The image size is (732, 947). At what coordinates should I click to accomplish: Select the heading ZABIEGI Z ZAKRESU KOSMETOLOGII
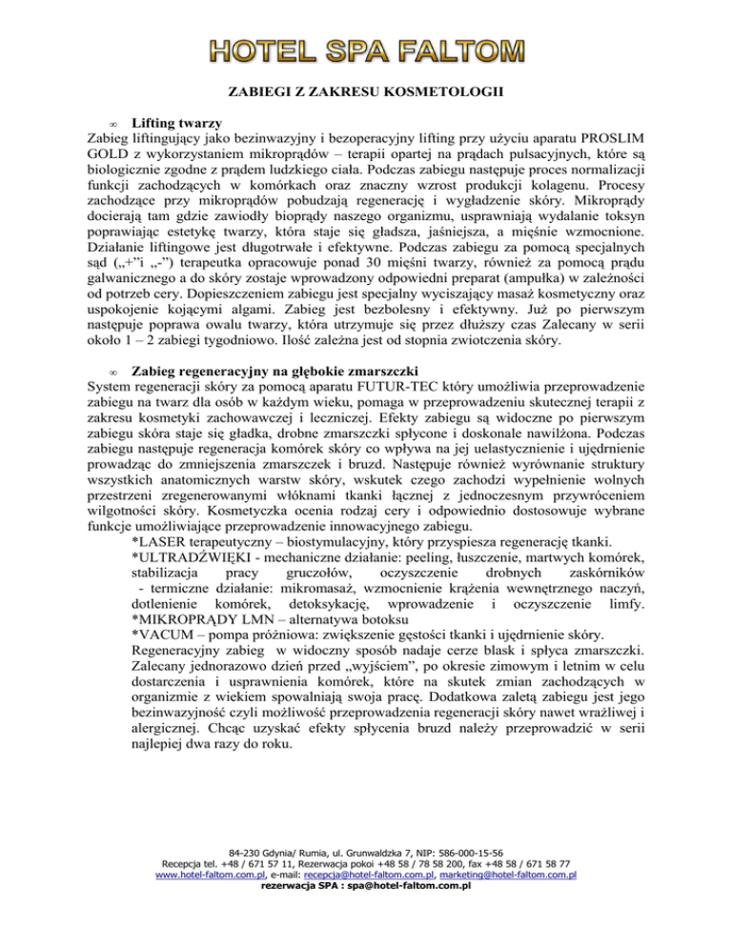point(366,93)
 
